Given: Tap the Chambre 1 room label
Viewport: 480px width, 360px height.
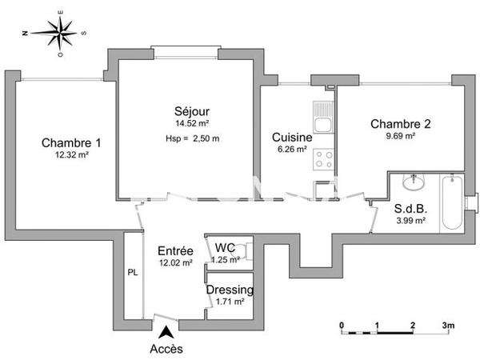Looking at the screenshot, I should tap(71, 143).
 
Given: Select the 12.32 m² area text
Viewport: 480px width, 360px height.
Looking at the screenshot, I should tap(71, 155).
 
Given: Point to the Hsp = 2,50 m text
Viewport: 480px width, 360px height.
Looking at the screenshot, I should tap(192, 138).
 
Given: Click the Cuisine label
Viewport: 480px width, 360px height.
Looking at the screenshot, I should tap(290, 136).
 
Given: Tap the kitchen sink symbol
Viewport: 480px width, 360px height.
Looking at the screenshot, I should tap(323, 124).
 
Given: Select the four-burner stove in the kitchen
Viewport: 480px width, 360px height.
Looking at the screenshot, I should tap(323, 158).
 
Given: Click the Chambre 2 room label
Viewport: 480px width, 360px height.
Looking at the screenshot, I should tap(400, 124).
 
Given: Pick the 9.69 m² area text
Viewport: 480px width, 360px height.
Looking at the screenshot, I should tap(400, 136).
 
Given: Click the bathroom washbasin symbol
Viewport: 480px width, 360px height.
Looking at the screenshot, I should tap(414, 183).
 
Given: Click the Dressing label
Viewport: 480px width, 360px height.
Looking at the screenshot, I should tap(230, 290).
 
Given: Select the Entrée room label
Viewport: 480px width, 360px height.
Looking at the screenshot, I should tap(175, 250).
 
